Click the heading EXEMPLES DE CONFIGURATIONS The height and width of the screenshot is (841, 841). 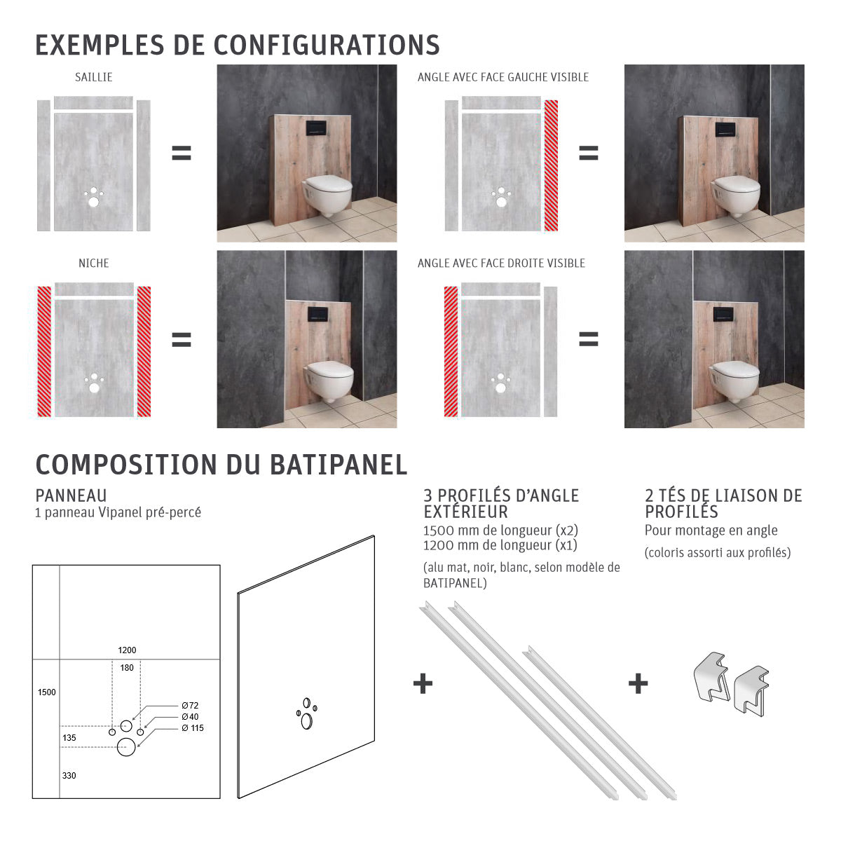237,45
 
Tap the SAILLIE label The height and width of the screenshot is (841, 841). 93,77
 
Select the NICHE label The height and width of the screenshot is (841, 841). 93,264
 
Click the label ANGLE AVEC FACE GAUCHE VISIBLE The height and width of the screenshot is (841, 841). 502,77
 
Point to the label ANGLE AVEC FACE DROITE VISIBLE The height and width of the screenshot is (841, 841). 501,264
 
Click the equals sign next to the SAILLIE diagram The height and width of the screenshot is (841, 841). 182,153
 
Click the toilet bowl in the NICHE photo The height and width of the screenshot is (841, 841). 329,378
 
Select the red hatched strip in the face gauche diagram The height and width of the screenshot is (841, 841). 551,165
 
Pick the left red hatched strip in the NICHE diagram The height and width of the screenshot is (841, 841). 44,351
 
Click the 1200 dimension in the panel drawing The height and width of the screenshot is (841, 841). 127,650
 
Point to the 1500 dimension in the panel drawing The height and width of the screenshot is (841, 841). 46,692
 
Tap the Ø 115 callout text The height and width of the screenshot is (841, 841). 192,728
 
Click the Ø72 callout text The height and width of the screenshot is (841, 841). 190,706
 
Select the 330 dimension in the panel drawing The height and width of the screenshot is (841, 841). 69,776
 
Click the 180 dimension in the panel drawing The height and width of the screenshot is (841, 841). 126,668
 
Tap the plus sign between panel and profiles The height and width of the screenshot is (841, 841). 423,683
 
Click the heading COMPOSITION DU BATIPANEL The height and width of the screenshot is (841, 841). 221,465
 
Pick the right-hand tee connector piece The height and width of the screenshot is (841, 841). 751,691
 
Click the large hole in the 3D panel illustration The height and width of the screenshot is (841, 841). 306,720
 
